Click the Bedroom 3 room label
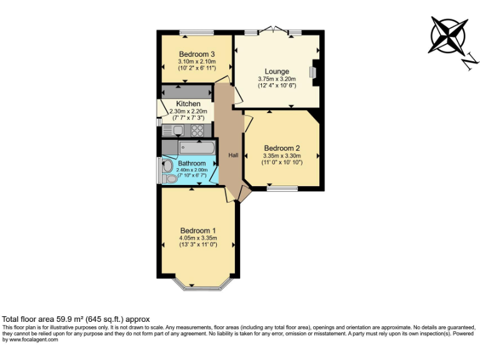(197, 54)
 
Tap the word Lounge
(276, 71)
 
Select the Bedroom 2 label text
(282, 148)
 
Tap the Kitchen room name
(188, 104)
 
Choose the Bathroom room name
(191, 163)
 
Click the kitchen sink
(177, 130)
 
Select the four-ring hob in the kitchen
(197, 130)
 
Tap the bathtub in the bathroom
(196, 147)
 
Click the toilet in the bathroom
(167, 166)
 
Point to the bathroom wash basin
(169, 179)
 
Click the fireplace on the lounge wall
(314, 71)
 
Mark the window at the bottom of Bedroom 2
(282, 187)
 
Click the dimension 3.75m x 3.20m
(276, 79)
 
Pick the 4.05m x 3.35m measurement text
(197, 237)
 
